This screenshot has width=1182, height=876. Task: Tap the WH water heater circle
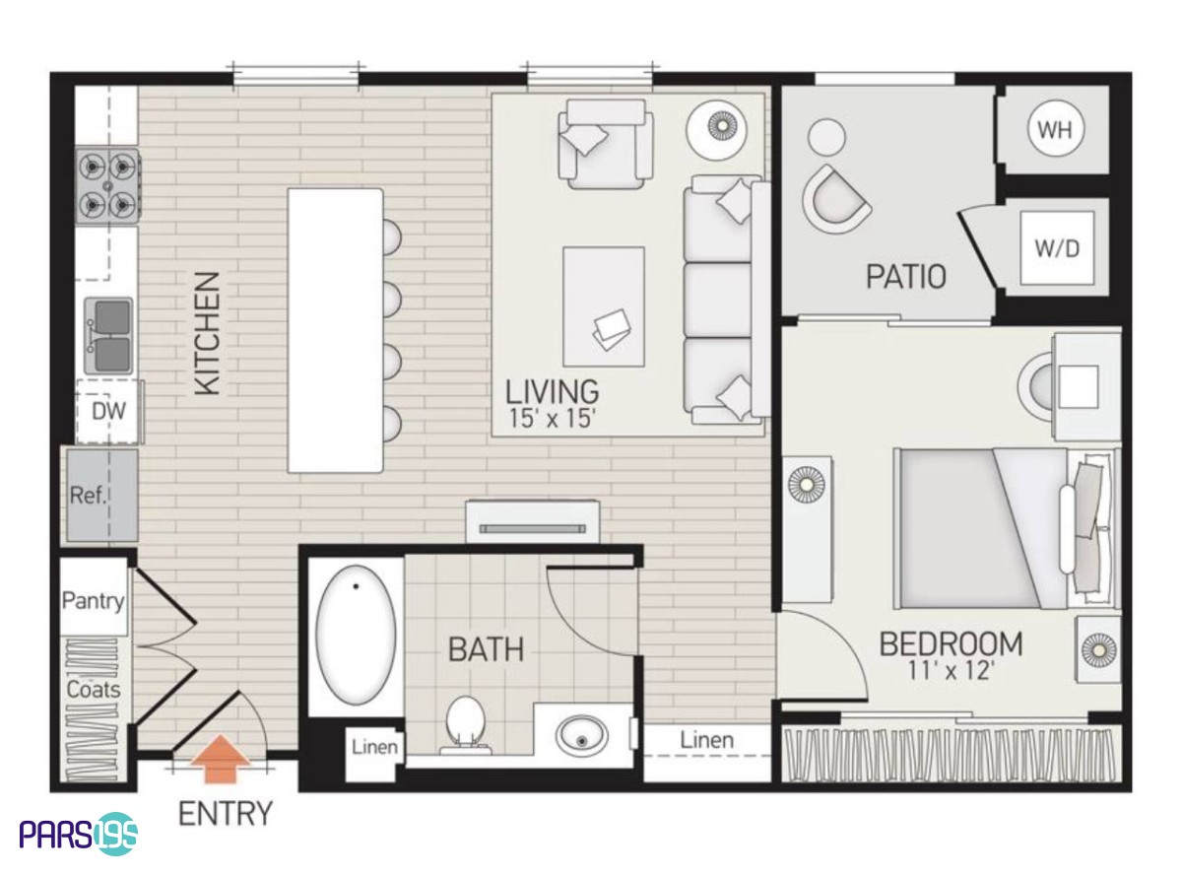(x=1055, y=129)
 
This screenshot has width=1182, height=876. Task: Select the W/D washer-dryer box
(x=1057, y=248)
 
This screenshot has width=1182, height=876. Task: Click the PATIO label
(x=905, y=276)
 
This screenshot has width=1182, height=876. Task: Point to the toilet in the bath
(x=464, y=725)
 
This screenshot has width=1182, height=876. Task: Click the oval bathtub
(x=356, y=635)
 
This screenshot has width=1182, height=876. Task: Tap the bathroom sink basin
(x=581, y=736)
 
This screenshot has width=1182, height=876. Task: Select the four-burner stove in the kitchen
(x=107, y=185)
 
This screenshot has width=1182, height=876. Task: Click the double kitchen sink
(x=108, y=336)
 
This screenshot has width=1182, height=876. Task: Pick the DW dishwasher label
(x=108, y=411)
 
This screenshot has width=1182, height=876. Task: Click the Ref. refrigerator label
(x=89, y=496)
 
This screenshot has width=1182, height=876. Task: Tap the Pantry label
(x=94, y=600)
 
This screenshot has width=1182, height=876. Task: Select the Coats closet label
(x=94, y=690)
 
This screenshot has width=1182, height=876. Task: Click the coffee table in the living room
(x=603, y=306)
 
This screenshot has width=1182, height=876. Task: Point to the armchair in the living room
(x=606, y=144)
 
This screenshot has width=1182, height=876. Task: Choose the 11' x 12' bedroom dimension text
(x=951, y=671)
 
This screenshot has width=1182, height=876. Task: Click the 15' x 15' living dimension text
(x=552, y=419)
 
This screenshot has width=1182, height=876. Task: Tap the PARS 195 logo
(x=79, y=835)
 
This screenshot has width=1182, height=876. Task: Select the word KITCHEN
(x=208, y=334)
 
